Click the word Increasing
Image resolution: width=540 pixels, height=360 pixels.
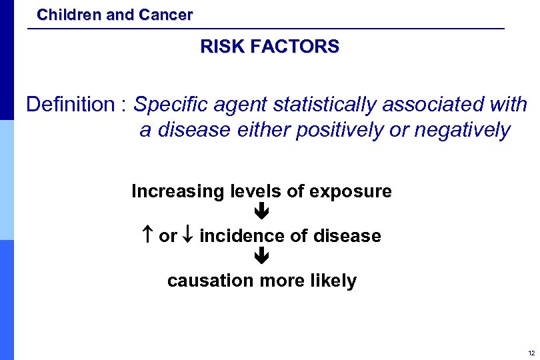click(178, 192)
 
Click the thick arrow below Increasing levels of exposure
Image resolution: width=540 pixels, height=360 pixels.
click(262, 213)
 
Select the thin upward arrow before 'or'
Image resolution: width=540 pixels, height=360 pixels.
click(147, 235)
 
